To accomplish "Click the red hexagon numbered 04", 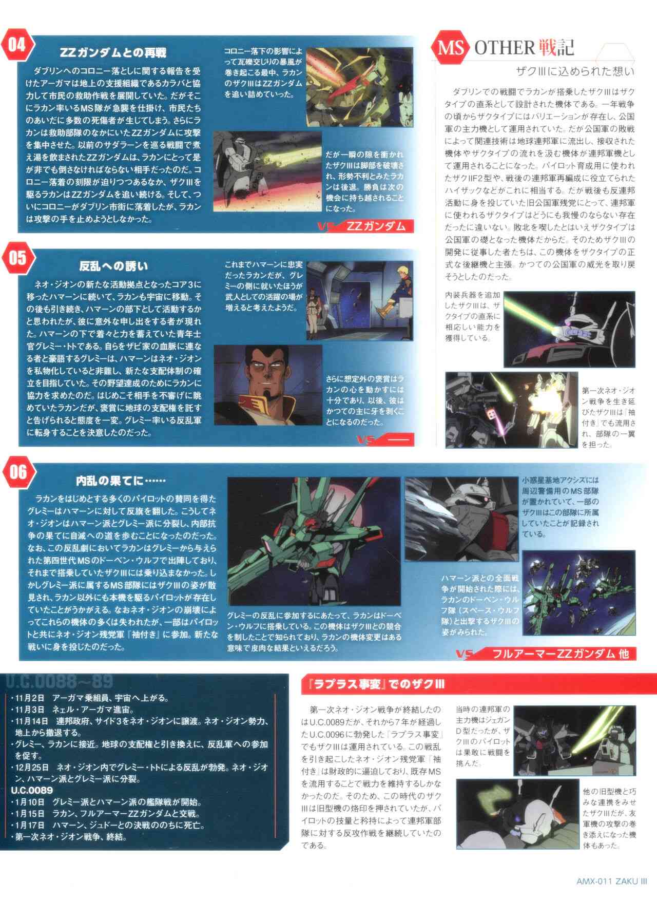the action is tap(17, 45).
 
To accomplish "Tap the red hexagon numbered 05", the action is tap(17, 258).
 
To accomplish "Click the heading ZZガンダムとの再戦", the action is tap(113, 53).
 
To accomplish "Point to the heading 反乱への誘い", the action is tap(113, 266).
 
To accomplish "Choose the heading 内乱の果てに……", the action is tap(121, 481).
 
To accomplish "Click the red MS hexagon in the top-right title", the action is tap(451, 48).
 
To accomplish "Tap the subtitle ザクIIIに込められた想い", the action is tap(575, 71).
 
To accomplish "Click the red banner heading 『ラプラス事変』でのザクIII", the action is tap(373, 684).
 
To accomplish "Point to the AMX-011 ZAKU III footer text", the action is tap(611, 881).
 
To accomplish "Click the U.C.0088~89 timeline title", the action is tap(59, 681).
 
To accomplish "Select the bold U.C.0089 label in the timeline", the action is tap(32, 790).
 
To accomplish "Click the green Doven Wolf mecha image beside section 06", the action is tap(314, 542).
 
